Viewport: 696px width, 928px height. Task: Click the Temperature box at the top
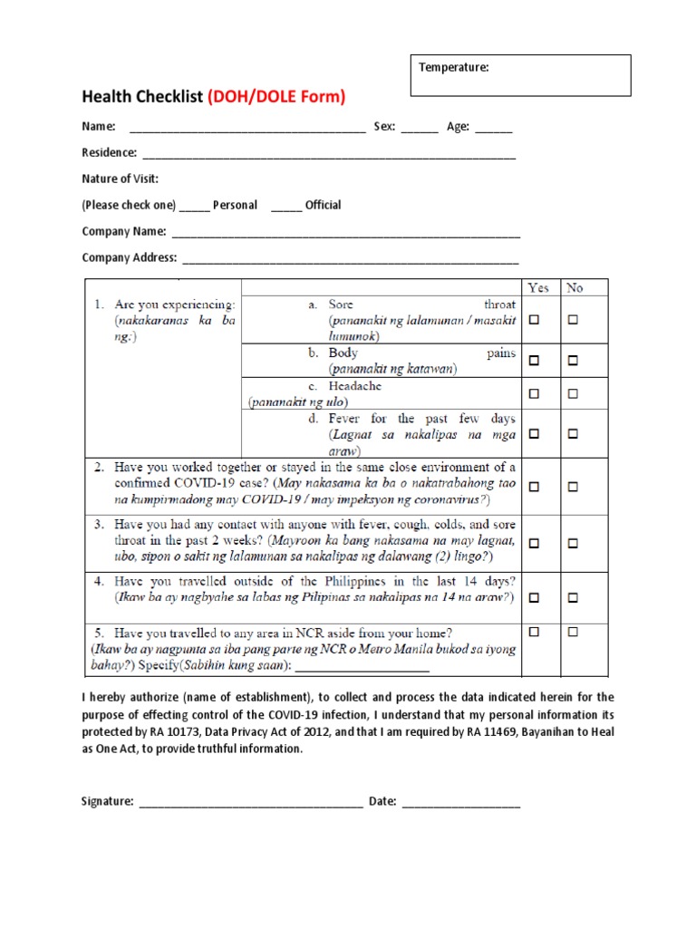point(520,75)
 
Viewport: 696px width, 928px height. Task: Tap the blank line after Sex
point(419,129)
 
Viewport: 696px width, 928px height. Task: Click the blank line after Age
point(493,129)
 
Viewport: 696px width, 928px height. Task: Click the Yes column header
point(538,288)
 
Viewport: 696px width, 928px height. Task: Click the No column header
point(575,288)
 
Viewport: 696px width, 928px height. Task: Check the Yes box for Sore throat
point(535,320)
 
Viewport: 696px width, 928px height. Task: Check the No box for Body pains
point(573,361)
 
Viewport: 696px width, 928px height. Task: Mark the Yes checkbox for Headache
point(535,394)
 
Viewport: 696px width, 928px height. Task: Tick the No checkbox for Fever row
point(573,434)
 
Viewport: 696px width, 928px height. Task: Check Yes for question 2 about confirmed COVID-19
point(535,487)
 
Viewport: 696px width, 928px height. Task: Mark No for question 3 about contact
point(573,543)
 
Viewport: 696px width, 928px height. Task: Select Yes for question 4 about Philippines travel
point(535,598)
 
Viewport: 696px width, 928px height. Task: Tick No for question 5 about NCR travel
point(573,632)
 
